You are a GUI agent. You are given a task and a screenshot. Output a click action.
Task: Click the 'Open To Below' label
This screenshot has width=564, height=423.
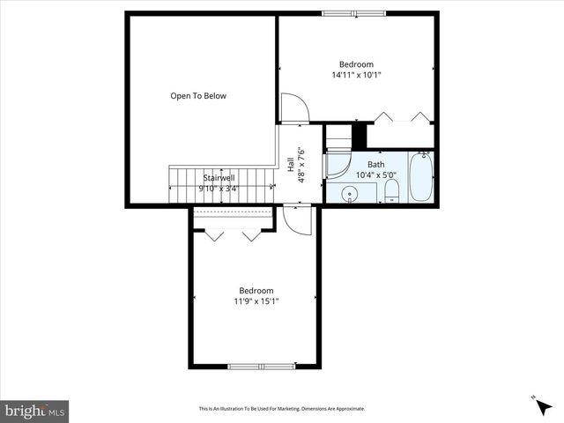pos(198,96)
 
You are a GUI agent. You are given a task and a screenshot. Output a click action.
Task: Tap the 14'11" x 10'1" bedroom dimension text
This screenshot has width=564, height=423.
pos(356,75)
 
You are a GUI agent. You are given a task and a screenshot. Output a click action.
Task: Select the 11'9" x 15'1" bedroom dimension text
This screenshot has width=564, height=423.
pos(256,302)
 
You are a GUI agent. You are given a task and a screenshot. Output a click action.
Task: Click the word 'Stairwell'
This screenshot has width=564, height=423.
pos(219,177)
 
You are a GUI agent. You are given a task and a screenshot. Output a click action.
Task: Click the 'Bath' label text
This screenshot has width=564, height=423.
pos(375,165)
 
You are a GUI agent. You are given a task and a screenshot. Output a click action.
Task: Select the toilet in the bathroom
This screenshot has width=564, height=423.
pos(393,191)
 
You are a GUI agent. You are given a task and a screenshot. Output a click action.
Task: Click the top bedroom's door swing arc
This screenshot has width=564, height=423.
pos(295,108)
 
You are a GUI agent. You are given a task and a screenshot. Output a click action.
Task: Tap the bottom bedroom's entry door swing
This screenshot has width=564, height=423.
pos(298,219)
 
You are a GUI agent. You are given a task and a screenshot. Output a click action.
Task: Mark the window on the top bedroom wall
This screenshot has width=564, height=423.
pos(348,13)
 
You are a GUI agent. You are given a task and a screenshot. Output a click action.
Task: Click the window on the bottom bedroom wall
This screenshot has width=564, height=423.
pos(261,366)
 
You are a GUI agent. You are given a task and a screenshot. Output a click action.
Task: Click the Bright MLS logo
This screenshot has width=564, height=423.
pos(35,410)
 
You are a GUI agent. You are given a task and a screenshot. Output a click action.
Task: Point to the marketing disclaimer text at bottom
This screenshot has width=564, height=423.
pos(282,408)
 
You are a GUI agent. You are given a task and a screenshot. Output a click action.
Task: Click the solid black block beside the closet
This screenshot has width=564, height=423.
pos(359,137)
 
